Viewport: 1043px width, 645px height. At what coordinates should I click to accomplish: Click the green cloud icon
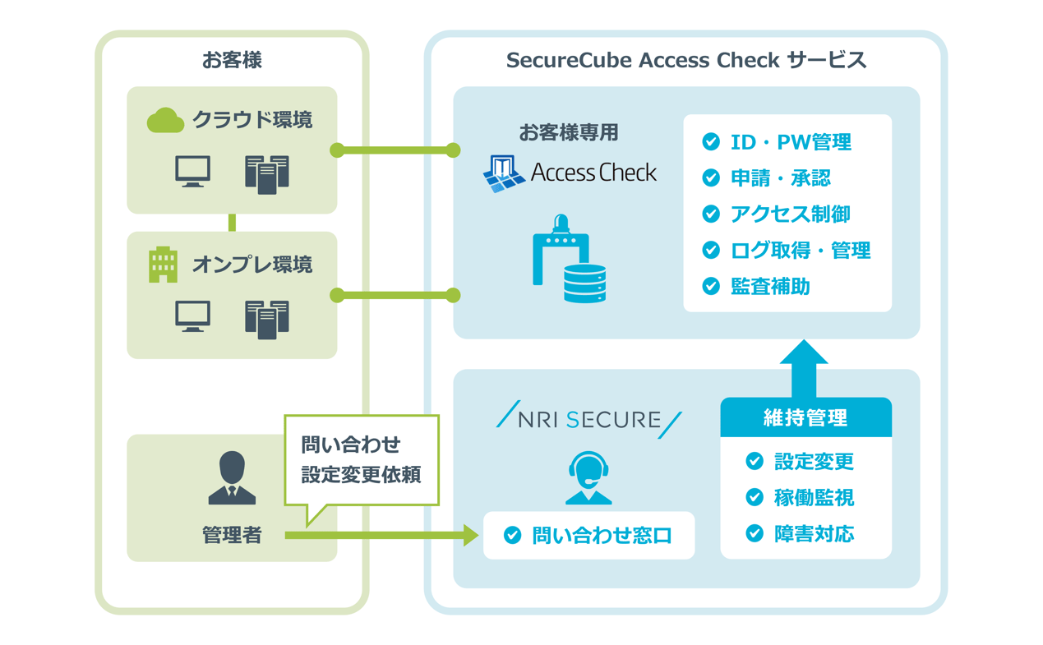click(x=165, y=121)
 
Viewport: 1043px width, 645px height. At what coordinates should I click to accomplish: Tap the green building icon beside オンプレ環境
click(x=163, y=265)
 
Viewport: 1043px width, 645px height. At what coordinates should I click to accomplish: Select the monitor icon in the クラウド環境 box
click(x=193, y=172)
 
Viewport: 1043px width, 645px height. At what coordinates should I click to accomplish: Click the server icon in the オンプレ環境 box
click(x=267, y=319)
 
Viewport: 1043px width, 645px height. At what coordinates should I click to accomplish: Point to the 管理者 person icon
click(x=232, y=477)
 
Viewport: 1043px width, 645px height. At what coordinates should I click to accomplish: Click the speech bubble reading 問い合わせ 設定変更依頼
click(x=361, y=460)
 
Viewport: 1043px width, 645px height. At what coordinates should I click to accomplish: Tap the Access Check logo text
click(x=593, y=173)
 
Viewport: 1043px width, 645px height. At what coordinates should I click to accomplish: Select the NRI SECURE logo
click(x=588, y=420)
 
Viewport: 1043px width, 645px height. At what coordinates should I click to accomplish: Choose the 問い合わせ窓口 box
click(x=588, y=536)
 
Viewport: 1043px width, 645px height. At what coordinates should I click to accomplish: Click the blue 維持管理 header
click(x=805, y=418)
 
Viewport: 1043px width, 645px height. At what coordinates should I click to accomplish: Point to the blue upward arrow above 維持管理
click(x=803, y=366)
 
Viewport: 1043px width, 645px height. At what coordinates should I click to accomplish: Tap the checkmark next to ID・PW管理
click(x=711, y=142)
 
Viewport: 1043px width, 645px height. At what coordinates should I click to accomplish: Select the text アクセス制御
click(x=790, y=214)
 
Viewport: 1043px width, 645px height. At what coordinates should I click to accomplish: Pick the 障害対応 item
click(x=814, y=534)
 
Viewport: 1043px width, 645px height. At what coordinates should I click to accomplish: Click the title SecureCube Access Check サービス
click(x=685, y=60)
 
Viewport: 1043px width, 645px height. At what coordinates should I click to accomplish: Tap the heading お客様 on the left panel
click(x=232, y=60)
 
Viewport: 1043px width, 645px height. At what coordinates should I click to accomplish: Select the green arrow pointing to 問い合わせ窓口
click(x=382, y=536)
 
